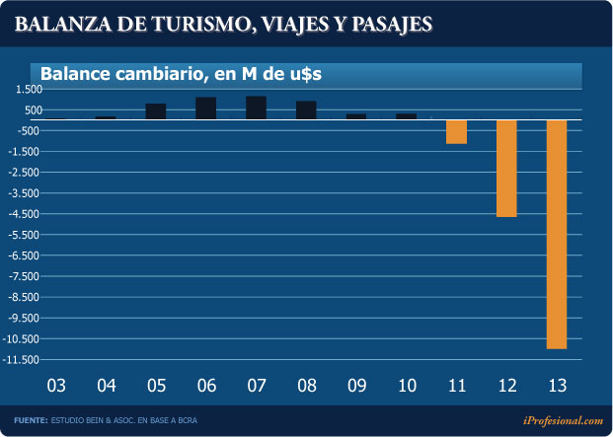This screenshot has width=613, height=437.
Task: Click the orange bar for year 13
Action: (556, 234)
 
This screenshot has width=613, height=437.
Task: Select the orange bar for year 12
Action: (506, 168)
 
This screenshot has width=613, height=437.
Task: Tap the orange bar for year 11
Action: (456, 131)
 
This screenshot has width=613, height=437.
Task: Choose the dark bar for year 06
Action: (206, 109)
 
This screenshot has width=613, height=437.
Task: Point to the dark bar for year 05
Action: (156, 111)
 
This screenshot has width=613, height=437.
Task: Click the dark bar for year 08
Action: (306, 109)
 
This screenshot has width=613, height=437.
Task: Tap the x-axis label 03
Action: (56, 384)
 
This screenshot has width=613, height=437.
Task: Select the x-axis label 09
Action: (356, 384)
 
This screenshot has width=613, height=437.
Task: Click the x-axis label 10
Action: (406, 384)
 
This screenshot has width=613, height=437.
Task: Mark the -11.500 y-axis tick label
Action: (22, 359)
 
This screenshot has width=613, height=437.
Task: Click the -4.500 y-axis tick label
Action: (24, 214)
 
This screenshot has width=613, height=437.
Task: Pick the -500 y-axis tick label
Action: (28, 131)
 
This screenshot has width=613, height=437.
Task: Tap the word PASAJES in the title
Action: (388, 25)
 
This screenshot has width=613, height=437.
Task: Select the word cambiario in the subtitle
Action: (150, 72)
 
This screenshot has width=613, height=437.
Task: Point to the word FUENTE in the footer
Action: (31, 421)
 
